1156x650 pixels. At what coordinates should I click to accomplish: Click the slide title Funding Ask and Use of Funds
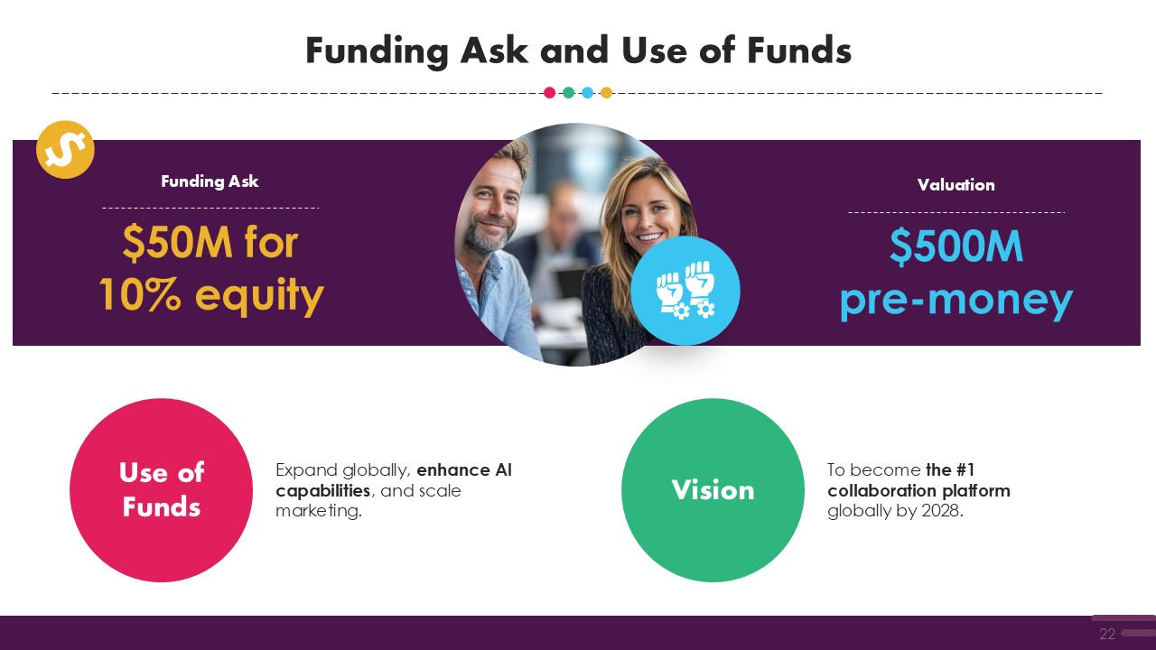coord(578,51)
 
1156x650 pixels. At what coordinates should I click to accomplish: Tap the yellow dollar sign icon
coord(65,150)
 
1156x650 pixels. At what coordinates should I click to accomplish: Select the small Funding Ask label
coord(210,181)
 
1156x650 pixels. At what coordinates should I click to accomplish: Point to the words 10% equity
coord(211,295)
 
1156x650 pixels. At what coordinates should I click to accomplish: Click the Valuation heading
coord(956,185)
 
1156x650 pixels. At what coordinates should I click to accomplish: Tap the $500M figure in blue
coord(956,246)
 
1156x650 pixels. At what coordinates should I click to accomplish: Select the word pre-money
coord(956,302)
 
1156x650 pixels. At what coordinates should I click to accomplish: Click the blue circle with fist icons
coord(685,291)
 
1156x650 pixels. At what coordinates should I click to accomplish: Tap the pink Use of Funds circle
coord(161,490)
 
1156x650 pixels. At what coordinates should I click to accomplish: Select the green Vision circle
coord(713,490)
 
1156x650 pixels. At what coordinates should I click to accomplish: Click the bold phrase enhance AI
coord(464,470)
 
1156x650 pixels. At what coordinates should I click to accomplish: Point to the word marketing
coord(319,511)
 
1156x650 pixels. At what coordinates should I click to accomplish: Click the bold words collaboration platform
coord(918,490)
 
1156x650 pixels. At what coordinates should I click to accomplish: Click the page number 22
coord(1107,634)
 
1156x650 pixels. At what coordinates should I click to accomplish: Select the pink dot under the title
coord(550,93)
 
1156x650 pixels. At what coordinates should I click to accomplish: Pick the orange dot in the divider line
coord(606,93)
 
